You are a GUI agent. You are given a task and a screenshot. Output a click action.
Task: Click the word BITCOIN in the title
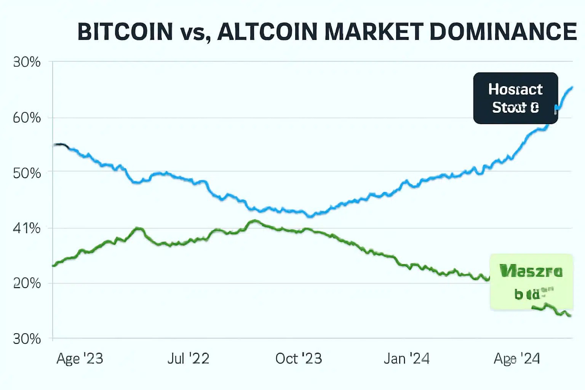[x=125, y=32]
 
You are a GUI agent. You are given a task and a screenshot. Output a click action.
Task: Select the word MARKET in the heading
[x=374, y=32]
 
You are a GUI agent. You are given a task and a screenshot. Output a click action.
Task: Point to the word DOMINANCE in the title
[x=503, y=32]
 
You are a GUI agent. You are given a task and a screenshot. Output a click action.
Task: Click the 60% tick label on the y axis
[x=27, y=118]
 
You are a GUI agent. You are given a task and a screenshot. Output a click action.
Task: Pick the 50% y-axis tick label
[x=27, y=173]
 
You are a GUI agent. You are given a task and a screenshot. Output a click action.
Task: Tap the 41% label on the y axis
[x=27, y=229]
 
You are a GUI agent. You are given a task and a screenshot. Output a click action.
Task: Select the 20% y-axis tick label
[x=27, y=283]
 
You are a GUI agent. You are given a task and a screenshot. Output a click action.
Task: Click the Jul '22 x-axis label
[x=188, y=358]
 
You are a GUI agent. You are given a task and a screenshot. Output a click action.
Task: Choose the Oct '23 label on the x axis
[x=299, y=358]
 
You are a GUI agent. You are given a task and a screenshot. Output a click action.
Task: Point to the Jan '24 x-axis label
[x=406, y=358]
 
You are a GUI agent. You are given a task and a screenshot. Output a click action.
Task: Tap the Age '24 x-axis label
[x=516, y=358]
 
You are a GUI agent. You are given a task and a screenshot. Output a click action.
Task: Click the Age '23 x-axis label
[x=80, y=358]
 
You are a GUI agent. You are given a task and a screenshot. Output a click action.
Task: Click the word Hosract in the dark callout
[x=515, y=90]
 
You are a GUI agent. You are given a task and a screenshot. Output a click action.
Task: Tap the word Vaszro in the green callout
[x=531, y=272]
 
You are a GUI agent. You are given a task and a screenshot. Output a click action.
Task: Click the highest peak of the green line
[x=254, y=220]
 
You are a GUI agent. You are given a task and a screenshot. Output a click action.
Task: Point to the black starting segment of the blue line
[x=61, y=145]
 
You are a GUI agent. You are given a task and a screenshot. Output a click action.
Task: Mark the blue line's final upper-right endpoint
[x=572, y=87]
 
